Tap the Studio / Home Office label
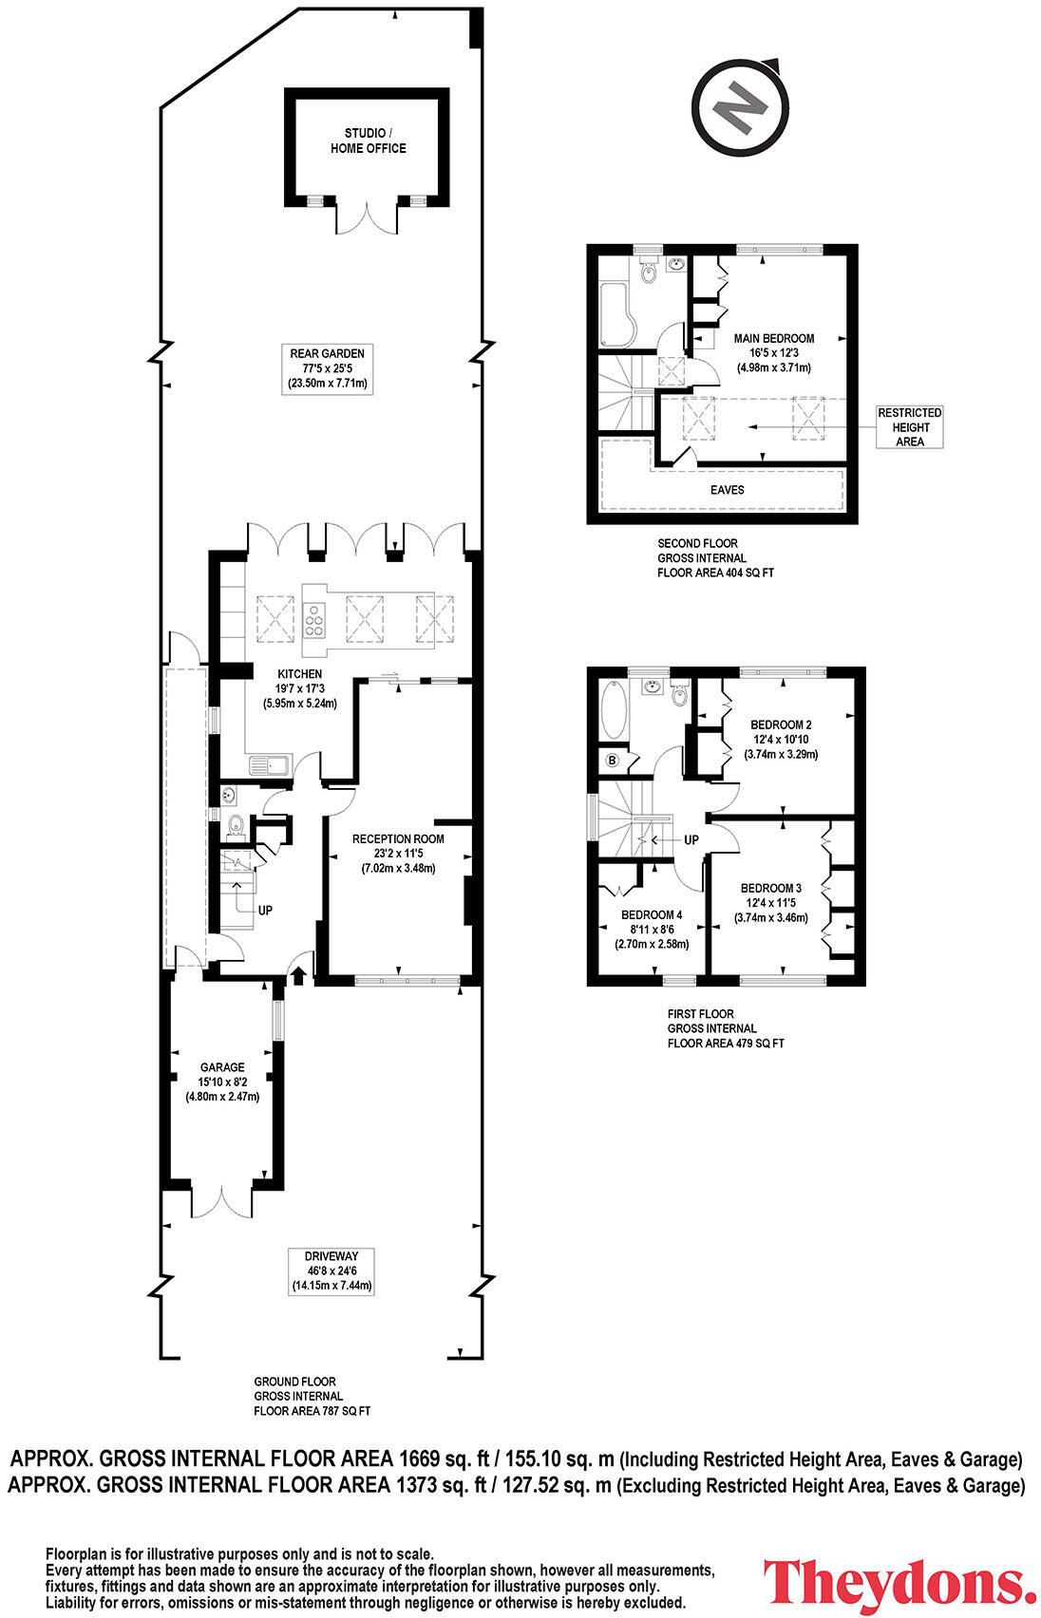(368, 141)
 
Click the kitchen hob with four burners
(314, 621)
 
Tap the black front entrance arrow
(298, 975)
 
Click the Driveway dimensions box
(331, 1270)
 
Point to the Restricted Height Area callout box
(909, 427)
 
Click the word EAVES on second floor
(728, 490)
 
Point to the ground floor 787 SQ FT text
(312, 1411)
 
